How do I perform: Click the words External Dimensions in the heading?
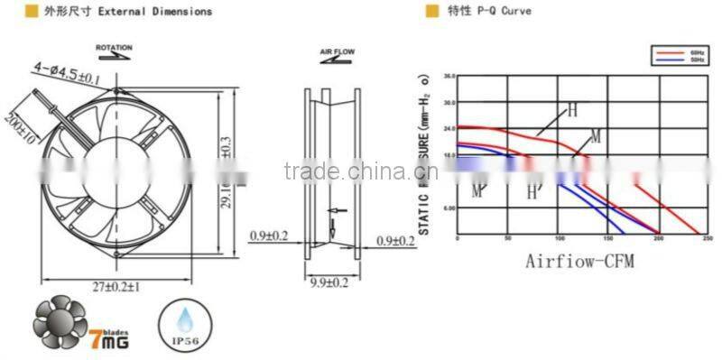tap(163, 12)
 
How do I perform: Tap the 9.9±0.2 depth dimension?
tap(329, 283)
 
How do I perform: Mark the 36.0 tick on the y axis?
tap(449, 76)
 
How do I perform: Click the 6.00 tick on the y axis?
tap(449, 208)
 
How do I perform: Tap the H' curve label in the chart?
tap(533, 191)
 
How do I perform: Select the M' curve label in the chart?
tap(477, 190)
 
